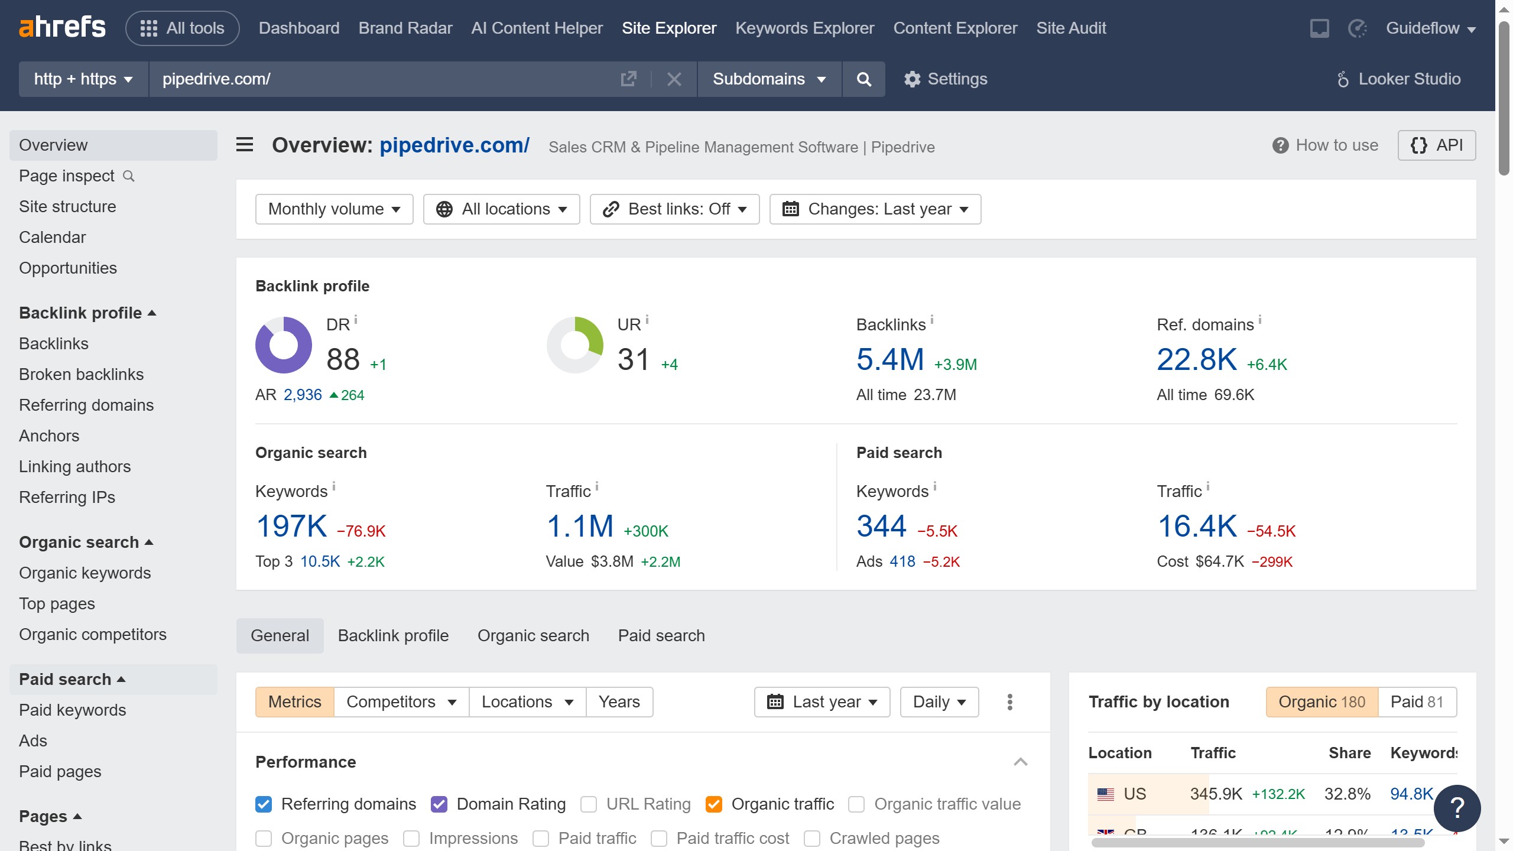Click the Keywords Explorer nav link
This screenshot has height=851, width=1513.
(x=804, y=28)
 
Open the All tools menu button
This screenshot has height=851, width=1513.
(x=182, y=28)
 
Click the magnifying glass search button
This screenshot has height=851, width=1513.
(x=863, y=79)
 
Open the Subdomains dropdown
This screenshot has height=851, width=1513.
(x=769, y=79)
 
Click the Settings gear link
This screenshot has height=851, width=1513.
(x=946, y=79)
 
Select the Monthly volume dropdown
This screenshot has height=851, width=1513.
(x=334, y=209)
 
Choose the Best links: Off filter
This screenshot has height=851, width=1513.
(x=674, y=209)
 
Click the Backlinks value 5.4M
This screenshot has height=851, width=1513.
(x=889, y=359)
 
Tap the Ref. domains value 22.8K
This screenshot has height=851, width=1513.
(x=1196, y=359)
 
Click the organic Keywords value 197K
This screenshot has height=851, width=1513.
(x=291, y=526)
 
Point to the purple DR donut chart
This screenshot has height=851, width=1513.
(x=284, y=345)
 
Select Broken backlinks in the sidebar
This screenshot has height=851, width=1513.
(x=81, y=374)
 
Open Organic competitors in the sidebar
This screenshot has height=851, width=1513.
(x=93, y=634)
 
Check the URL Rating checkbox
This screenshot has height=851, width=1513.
(x=589, y=804)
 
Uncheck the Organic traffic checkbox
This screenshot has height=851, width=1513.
(x=714, y=804)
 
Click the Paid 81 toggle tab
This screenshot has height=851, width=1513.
(x=1417, y=702)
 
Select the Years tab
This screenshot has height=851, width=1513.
(x=619, y=702)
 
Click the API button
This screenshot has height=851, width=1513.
(x=1436, y=145)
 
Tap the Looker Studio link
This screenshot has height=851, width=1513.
(x=1399, y=79)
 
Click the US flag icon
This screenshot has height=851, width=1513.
(x=1105, y=794)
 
